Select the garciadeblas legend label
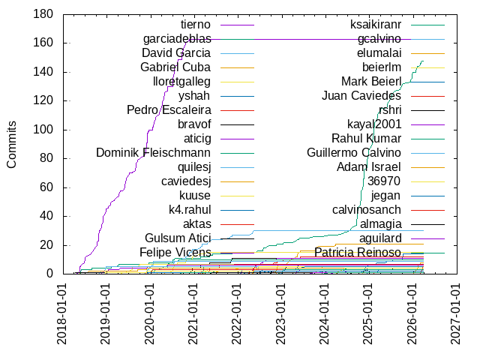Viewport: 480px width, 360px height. pos(177,39)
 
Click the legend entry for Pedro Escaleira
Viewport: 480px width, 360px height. pos(169,110)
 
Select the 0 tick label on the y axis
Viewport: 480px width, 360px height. pos(49,274)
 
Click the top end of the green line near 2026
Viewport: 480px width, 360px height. pos(424,61)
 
